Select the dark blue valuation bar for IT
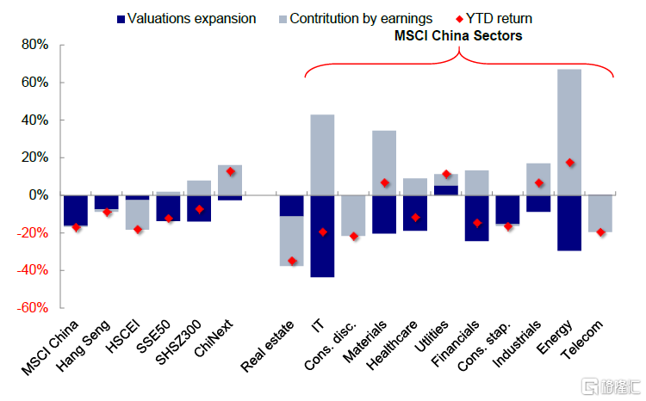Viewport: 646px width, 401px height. [x=322, y=236]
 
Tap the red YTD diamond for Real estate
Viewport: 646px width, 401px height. [x=291, y=261]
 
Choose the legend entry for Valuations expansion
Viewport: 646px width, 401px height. [x=184, y=18]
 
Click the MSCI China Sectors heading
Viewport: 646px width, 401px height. [x=458, y=36]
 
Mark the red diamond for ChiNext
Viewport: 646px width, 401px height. [x=230, y=171]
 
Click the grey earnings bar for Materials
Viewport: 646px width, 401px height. [x=384, y=163]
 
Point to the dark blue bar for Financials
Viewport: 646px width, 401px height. [x=476, y=218]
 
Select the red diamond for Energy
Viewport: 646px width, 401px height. [x=569, y=163]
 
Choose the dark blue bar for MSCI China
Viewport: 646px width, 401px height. [x=76, y=210]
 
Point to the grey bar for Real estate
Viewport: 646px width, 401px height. [x=291, y=241]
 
